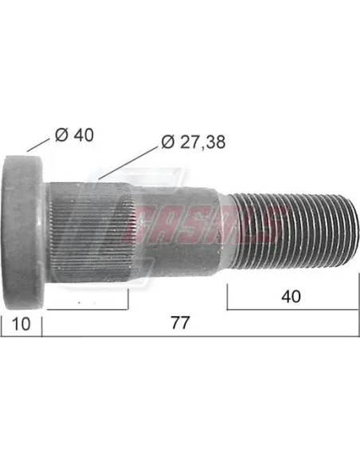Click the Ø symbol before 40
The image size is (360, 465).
coord(63,135)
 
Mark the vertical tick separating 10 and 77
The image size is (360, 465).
coord(41,325)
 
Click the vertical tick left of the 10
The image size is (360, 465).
coord(2,325)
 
